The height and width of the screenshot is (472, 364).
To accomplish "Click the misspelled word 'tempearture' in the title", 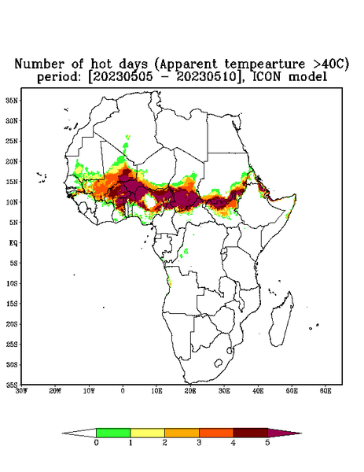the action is (265, 64).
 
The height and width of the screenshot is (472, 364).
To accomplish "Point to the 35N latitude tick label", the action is (12, 101).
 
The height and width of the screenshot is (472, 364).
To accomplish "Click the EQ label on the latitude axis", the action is (13, 242).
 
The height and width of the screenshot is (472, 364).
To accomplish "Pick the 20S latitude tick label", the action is (12, 324).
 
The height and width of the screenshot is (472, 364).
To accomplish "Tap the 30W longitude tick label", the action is (21, 391).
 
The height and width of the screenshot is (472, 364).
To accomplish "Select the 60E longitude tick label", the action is (325, 391).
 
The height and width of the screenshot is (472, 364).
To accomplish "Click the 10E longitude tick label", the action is (156, 391).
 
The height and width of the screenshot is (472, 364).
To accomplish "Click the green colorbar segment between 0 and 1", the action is (113, 433).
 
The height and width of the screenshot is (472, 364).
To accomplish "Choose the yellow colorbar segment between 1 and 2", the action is (147, 433).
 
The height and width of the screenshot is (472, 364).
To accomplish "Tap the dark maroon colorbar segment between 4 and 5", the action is (251, 433).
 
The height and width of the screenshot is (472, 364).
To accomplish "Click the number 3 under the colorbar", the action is (199, 443).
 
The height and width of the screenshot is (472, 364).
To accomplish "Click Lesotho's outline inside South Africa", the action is (219, 363).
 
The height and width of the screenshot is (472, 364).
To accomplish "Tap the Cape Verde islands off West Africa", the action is (42, 177).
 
